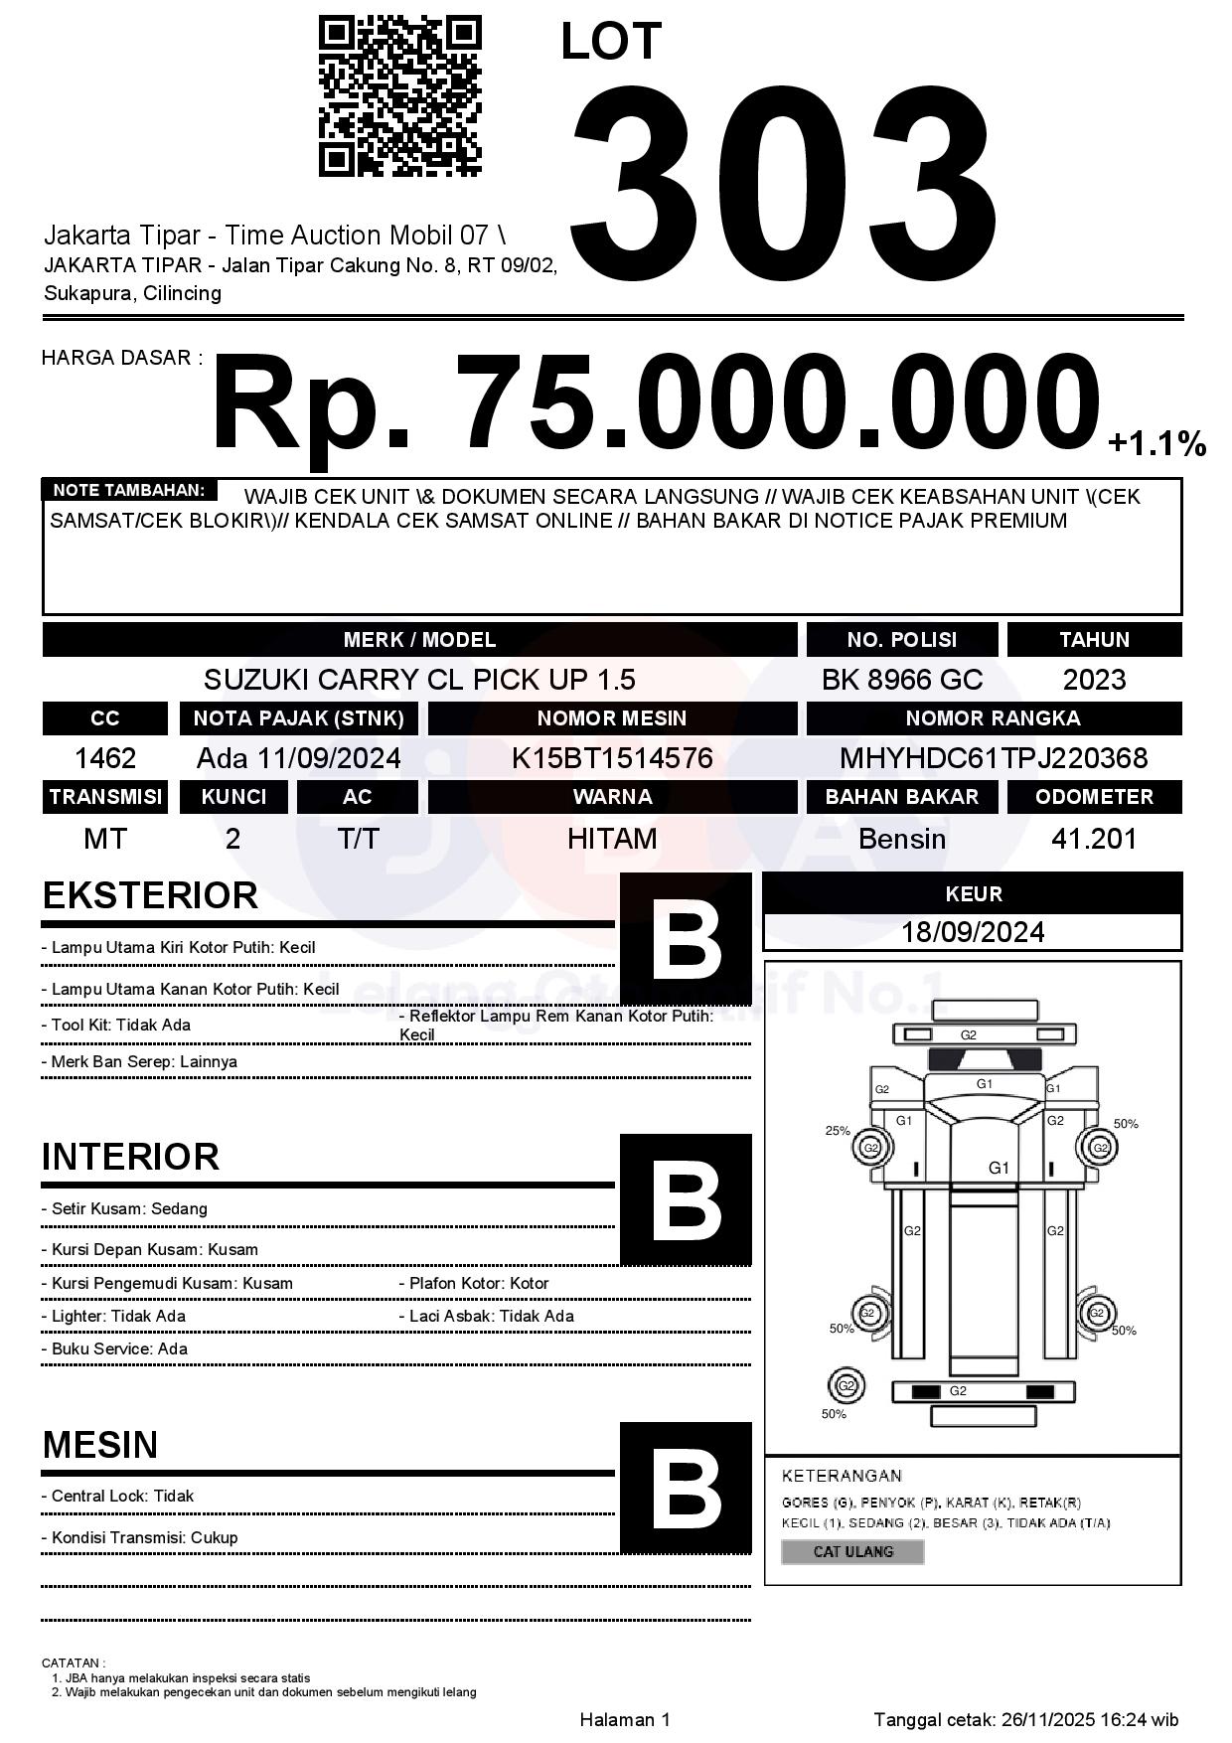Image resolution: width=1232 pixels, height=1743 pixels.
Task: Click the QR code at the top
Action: (399, 96)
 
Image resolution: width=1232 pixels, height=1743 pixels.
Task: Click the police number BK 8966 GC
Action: (901, 680)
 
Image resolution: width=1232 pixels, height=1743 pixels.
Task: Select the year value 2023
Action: (1094, 680)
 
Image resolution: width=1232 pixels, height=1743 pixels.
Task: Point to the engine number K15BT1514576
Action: (612, 758)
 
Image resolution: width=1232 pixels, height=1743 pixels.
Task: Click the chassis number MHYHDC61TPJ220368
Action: (994, 758)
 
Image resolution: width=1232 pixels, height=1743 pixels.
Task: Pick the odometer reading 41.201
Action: (1094, 839)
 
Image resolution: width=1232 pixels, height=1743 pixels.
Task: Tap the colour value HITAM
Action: (612, 839)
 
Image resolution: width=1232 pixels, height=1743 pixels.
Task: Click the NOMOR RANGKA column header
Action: (994, 718)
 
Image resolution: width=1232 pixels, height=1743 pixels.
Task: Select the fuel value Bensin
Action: (901, 839)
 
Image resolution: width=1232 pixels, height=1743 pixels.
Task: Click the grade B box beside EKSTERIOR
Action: (686, 938)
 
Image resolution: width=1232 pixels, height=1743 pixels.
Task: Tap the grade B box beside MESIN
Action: (686, 1488)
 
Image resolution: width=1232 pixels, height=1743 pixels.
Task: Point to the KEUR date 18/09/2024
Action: (973, 932)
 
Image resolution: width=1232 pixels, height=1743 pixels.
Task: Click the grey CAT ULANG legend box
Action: (852, 1551)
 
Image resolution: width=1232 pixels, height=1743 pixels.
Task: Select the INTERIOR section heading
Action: (130, 1157)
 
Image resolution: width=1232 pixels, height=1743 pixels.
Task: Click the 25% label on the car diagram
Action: (838, 1130)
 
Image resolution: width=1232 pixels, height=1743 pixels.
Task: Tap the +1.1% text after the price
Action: (1156, 443)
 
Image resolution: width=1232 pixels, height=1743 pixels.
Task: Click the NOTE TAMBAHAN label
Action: (129, 490)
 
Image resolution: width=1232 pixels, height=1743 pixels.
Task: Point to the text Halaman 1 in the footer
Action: (625, 1719)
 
